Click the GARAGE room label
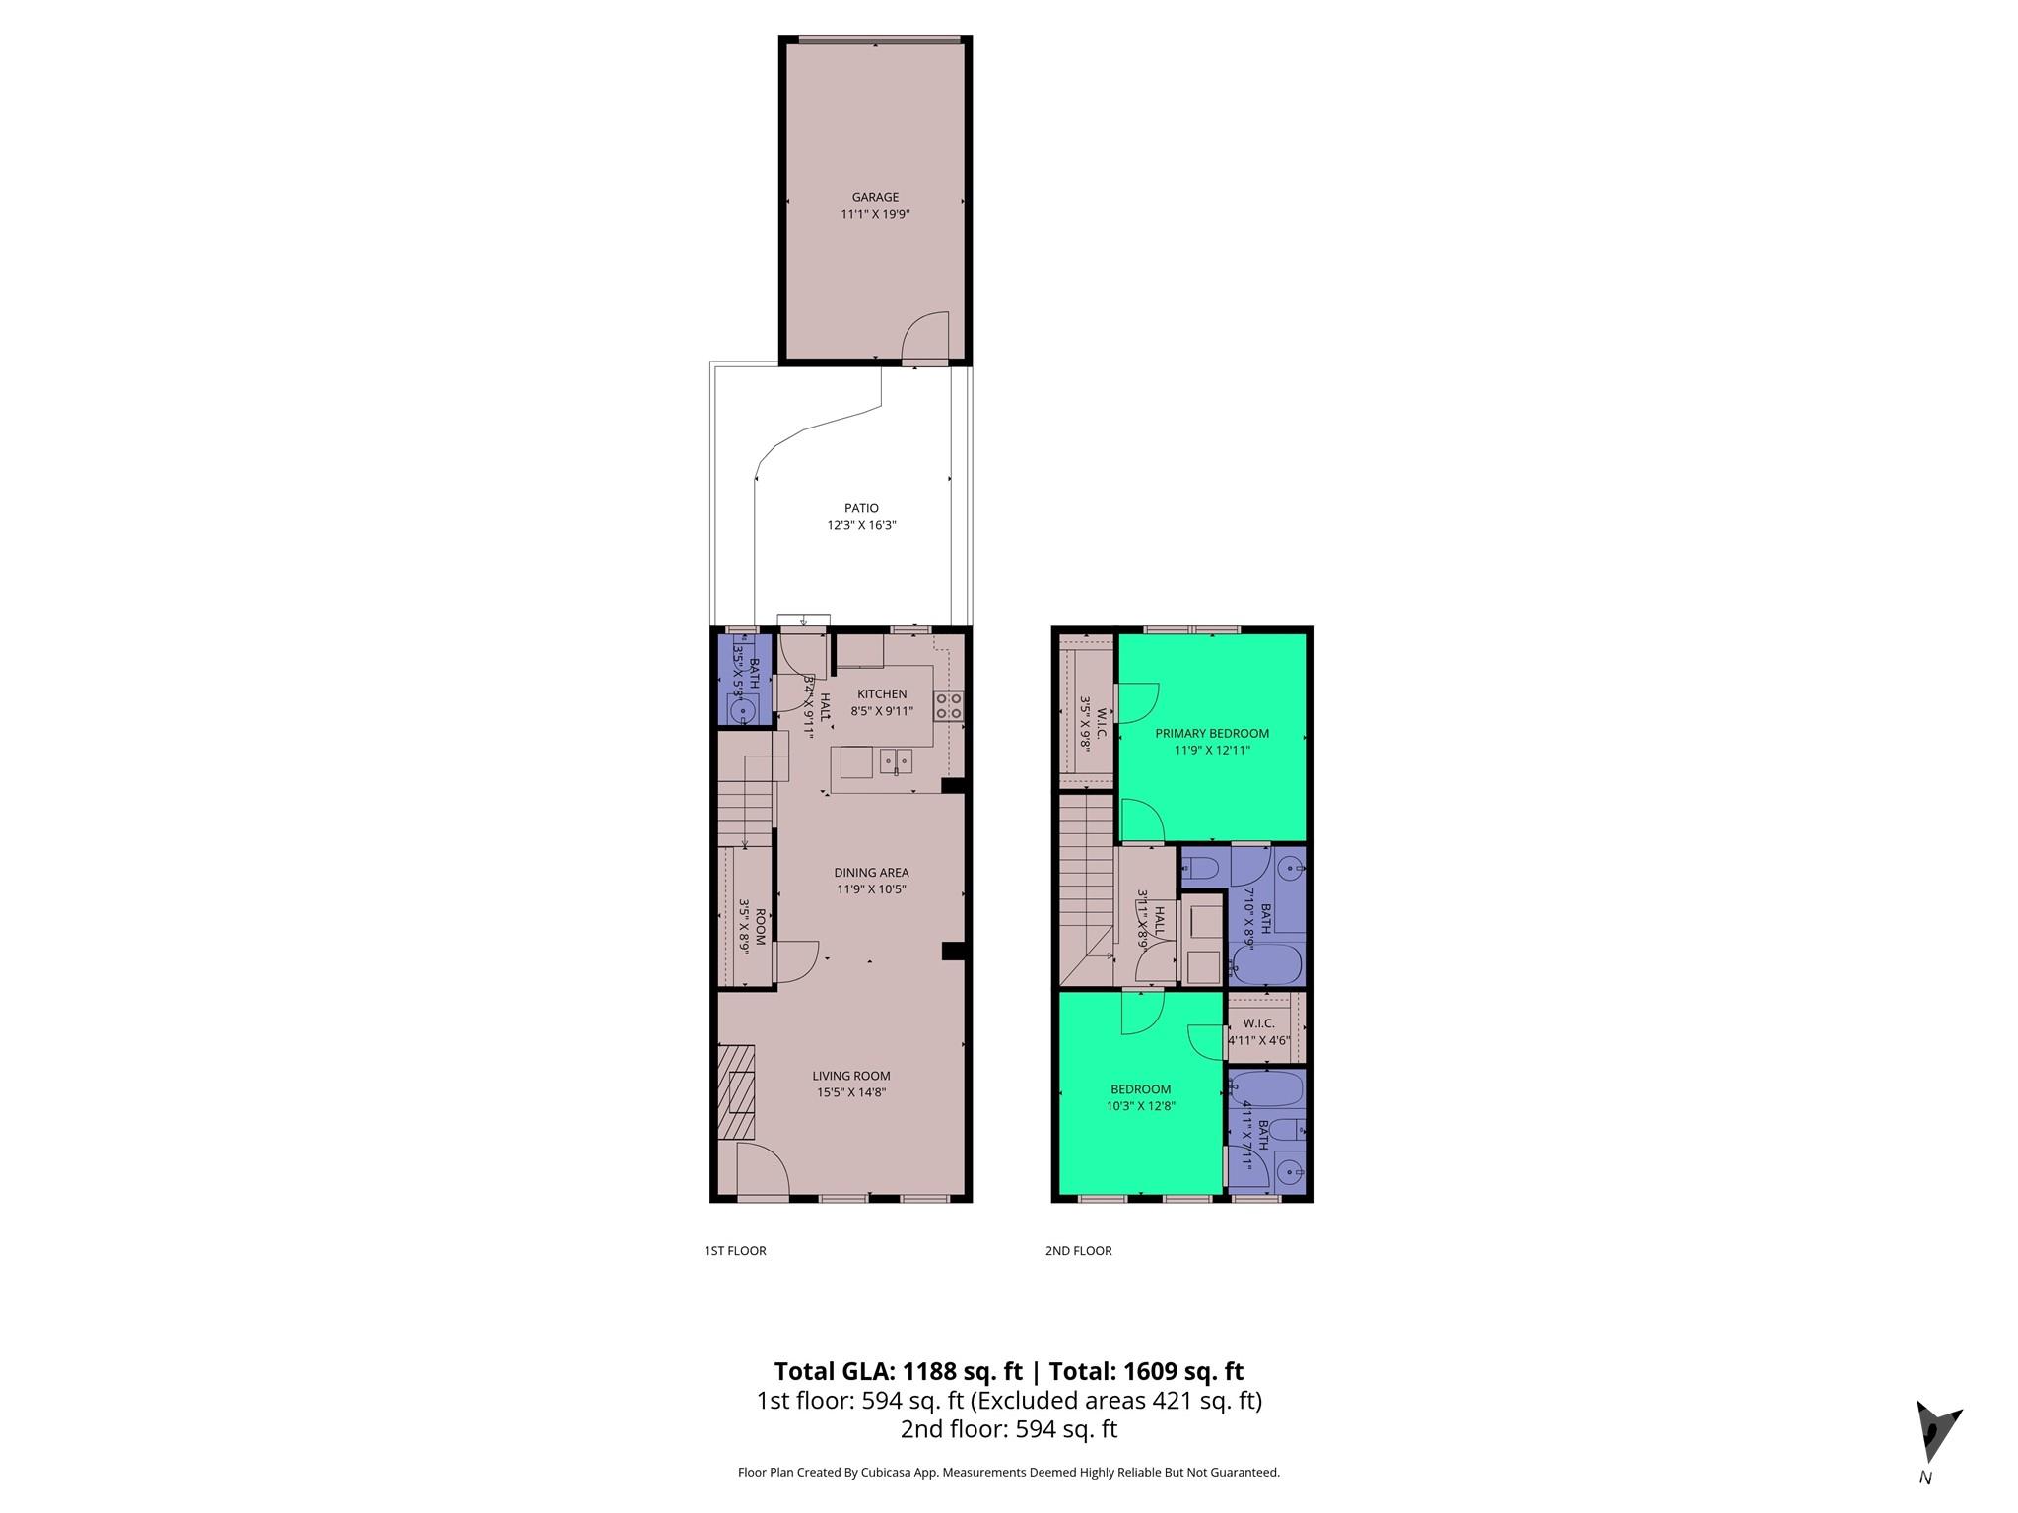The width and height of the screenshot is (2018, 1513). [875, 197]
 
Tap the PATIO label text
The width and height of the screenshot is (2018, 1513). [861, 508]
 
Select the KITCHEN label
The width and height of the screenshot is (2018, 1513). [881, 693]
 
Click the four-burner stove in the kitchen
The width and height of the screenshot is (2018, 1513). [949, 704]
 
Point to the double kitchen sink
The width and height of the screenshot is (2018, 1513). [207, 760]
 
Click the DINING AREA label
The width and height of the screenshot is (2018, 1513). [871, 872]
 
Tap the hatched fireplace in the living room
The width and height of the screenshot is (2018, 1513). [736, 1091]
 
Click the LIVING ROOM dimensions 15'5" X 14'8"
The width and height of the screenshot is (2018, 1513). [851, 1092]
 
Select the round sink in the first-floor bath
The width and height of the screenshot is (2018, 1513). [741, 708]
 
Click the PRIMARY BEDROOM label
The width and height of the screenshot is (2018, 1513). [1212, 733]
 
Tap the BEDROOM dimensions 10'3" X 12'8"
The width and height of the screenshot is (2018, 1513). [1140, 1105]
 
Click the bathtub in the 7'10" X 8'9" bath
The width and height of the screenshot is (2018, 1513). [1267, 964]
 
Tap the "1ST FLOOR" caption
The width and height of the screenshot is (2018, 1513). [735, 1251]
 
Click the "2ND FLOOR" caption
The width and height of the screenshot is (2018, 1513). [1078, 1251]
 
